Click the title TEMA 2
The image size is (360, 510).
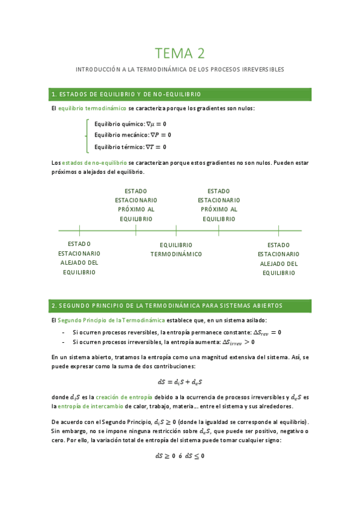[180, 54]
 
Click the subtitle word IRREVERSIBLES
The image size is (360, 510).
[263, 70]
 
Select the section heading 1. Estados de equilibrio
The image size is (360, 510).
[126, 94]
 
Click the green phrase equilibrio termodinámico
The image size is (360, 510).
[92, 108]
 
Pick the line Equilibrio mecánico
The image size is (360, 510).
[132, 135]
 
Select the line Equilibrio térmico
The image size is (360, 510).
[130, 147]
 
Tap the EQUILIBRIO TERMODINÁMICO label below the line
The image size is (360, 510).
[176, 250]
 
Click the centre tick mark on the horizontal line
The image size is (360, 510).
[176, 230]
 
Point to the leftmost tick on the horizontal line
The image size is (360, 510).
[79, 230]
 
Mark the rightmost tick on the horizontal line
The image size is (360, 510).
[279, 230]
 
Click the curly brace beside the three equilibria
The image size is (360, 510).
[87, 135]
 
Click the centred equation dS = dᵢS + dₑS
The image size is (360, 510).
[180, 381]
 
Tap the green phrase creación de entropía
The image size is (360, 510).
[123, 397]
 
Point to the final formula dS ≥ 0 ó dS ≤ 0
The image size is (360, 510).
[180, 456]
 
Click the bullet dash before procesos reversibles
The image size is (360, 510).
[64, 332]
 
